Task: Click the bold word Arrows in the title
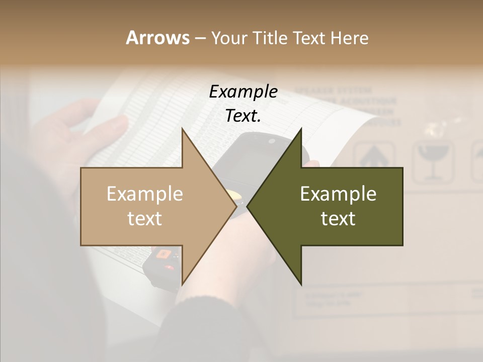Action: pos(157,38)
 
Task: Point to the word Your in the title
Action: pos(228,38)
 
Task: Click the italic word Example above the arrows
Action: pos(243,92)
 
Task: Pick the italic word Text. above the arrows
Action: pos(243,116)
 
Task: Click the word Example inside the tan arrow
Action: pos(145,194)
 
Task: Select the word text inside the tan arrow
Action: pos(145,219)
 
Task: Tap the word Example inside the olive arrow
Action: pos(338,194)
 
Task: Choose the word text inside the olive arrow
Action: pos(338,219)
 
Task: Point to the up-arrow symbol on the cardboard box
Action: pos(373,156)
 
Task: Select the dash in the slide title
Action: pos(200,38)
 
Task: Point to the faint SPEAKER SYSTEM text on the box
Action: pos(333,92)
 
